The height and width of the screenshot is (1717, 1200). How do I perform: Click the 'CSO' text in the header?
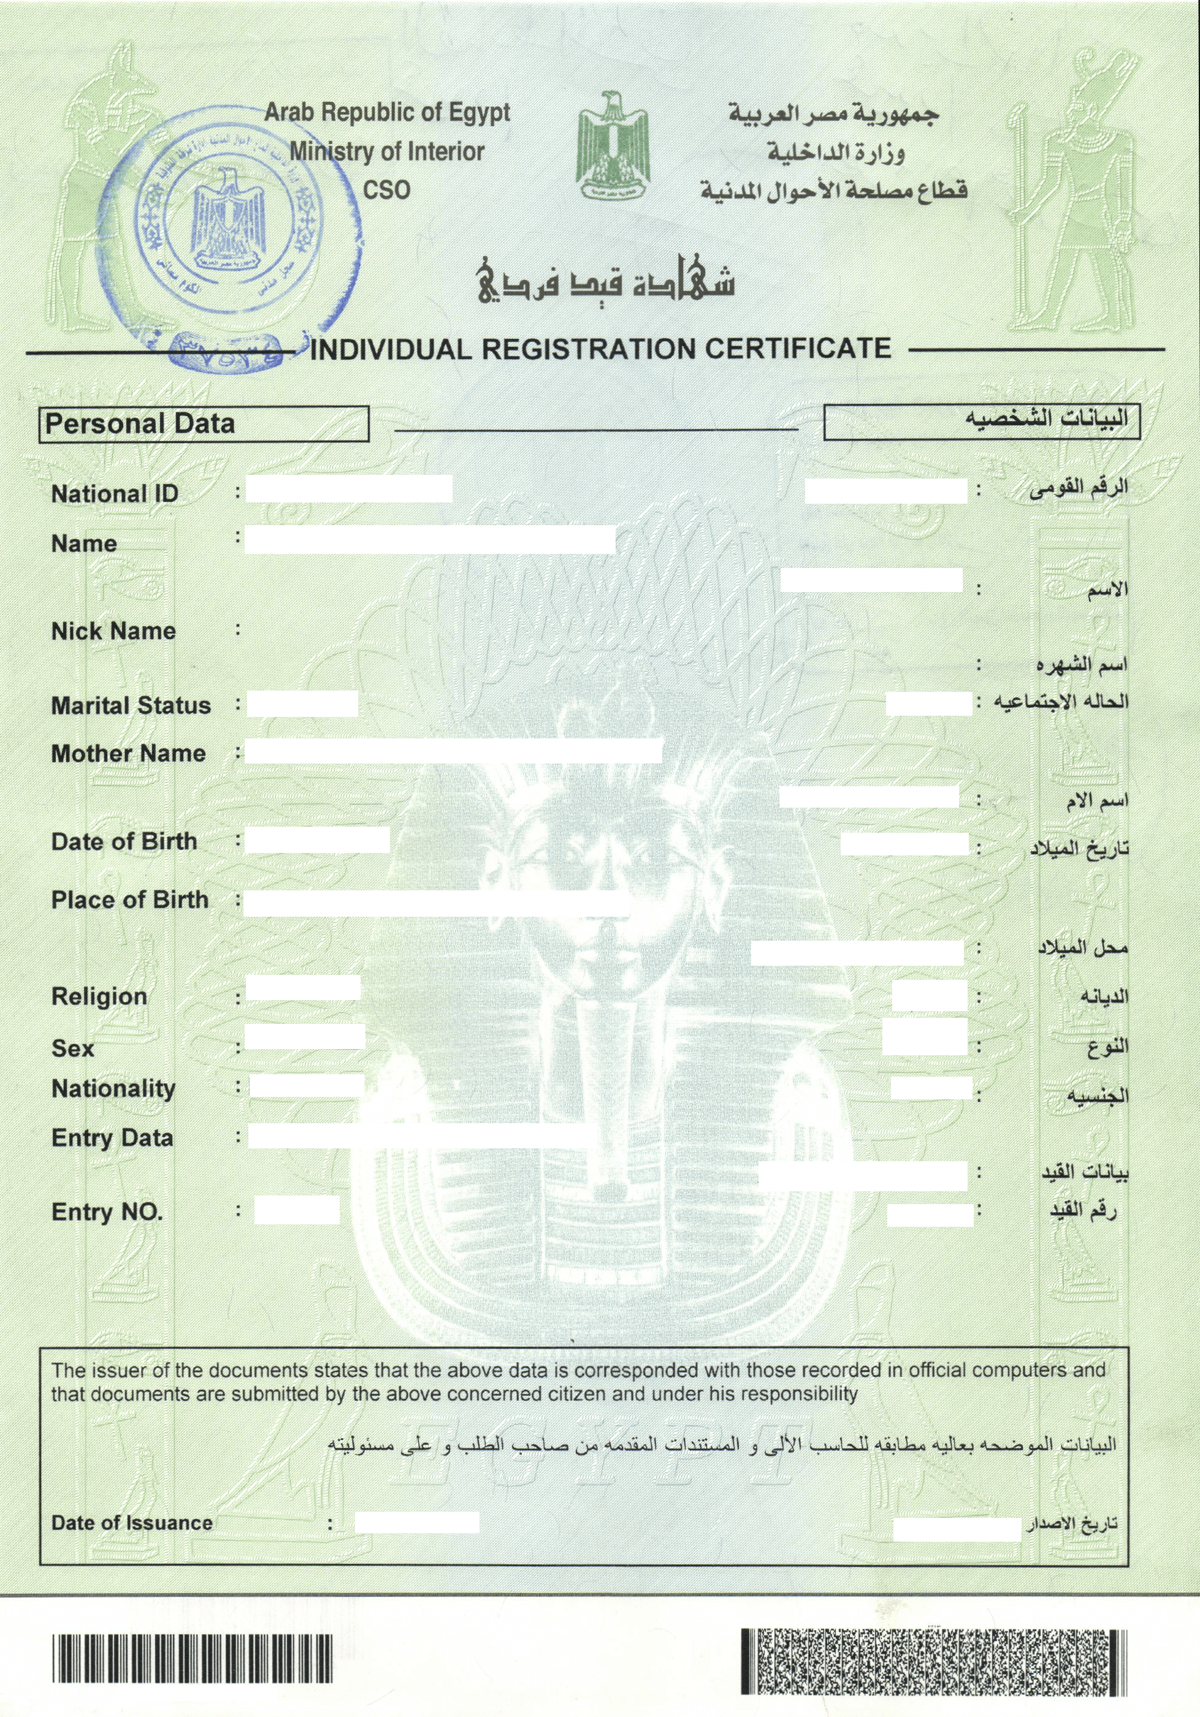click(386, 190)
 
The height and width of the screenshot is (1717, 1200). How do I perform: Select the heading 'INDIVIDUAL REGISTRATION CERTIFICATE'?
click(600, 349)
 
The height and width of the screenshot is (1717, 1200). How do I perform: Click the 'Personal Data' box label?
click(140, 424)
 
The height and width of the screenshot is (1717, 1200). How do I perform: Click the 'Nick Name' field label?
click(113, 631)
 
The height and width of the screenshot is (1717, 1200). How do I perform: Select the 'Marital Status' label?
click(131, 705)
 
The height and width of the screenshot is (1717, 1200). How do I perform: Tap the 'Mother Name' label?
click(128, 753)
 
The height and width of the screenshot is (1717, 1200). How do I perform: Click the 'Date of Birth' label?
click(124, 841)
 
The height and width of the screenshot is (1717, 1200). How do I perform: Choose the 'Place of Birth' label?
click(129, 900)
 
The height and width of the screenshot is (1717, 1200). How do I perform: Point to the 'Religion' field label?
click(99, 996)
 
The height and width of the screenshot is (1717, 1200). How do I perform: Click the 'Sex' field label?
click(72, 1048)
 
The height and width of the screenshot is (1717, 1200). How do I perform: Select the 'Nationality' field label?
click(113, 1089)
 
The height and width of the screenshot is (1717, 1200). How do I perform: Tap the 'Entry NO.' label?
click(107, 1211)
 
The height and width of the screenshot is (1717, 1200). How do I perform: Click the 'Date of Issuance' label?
click(132, 1523)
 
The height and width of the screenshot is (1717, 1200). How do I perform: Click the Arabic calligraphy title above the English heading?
click(606, 281)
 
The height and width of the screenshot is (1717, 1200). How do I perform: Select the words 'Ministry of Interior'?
click(387, 152)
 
